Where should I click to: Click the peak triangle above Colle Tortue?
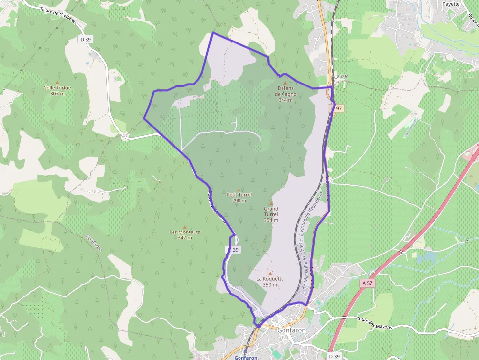click(x=57, y=83)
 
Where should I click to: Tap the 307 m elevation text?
click(x=57, y=93)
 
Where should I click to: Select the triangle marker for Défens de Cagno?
click(x=285, y=83)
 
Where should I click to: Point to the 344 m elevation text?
click(x=285, y=100)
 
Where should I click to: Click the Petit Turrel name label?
click(x=239, y=194)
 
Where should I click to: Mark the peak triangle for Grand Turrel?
click(x=271, y=203)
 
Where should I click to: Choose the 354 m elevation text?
click(x=271, y=220)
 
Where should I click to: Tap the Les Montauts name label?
click(x=185, y=232)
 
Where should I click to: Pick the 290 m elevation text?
click(x=239, y=200)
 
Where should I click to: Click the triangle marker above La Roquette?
click(x=270, y=274)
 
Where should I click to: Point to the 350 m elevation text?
click(x=270, y=285)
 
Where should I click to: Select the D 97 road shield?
click(x=337, y=108)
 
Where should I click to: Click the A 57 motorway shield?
click(x=367, y=283)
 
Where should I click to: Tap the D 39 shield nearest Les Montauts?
click(x=234, y=250)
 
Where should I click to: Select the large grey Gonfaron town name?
click(x=291, y=330)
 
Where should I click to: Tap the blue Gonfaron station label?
click(x=245, y=358)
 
